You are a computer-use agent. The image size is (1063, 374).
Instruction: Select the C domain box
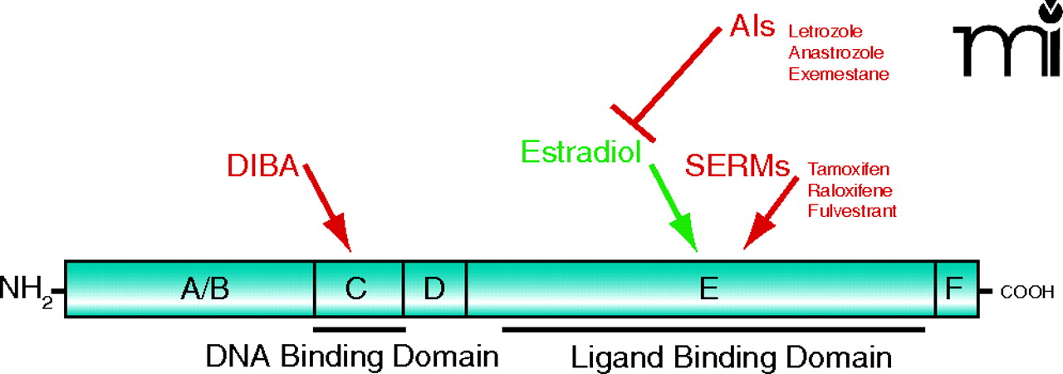point(358,289)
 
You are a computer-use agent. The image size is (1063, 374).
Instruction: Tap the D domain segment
point(434,289)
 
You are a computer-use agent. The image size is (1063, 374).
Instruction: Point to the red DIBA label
point(262,165)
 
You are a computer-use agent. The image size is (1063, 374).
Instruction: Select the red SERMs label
point(737,165)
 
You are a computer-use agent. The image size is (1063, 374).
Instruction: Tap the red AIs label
point(752,27)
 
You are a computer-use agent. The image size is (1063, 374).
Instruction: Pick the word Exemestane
point(839,74)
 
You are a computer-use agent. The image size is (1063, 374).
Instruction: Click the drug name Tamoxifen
point(848,170)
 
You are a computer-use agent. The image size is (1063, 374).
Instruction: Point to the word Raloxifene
point(849,190)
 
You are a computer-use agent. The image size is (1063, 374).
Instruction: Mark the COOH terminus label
point(1027,292)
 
